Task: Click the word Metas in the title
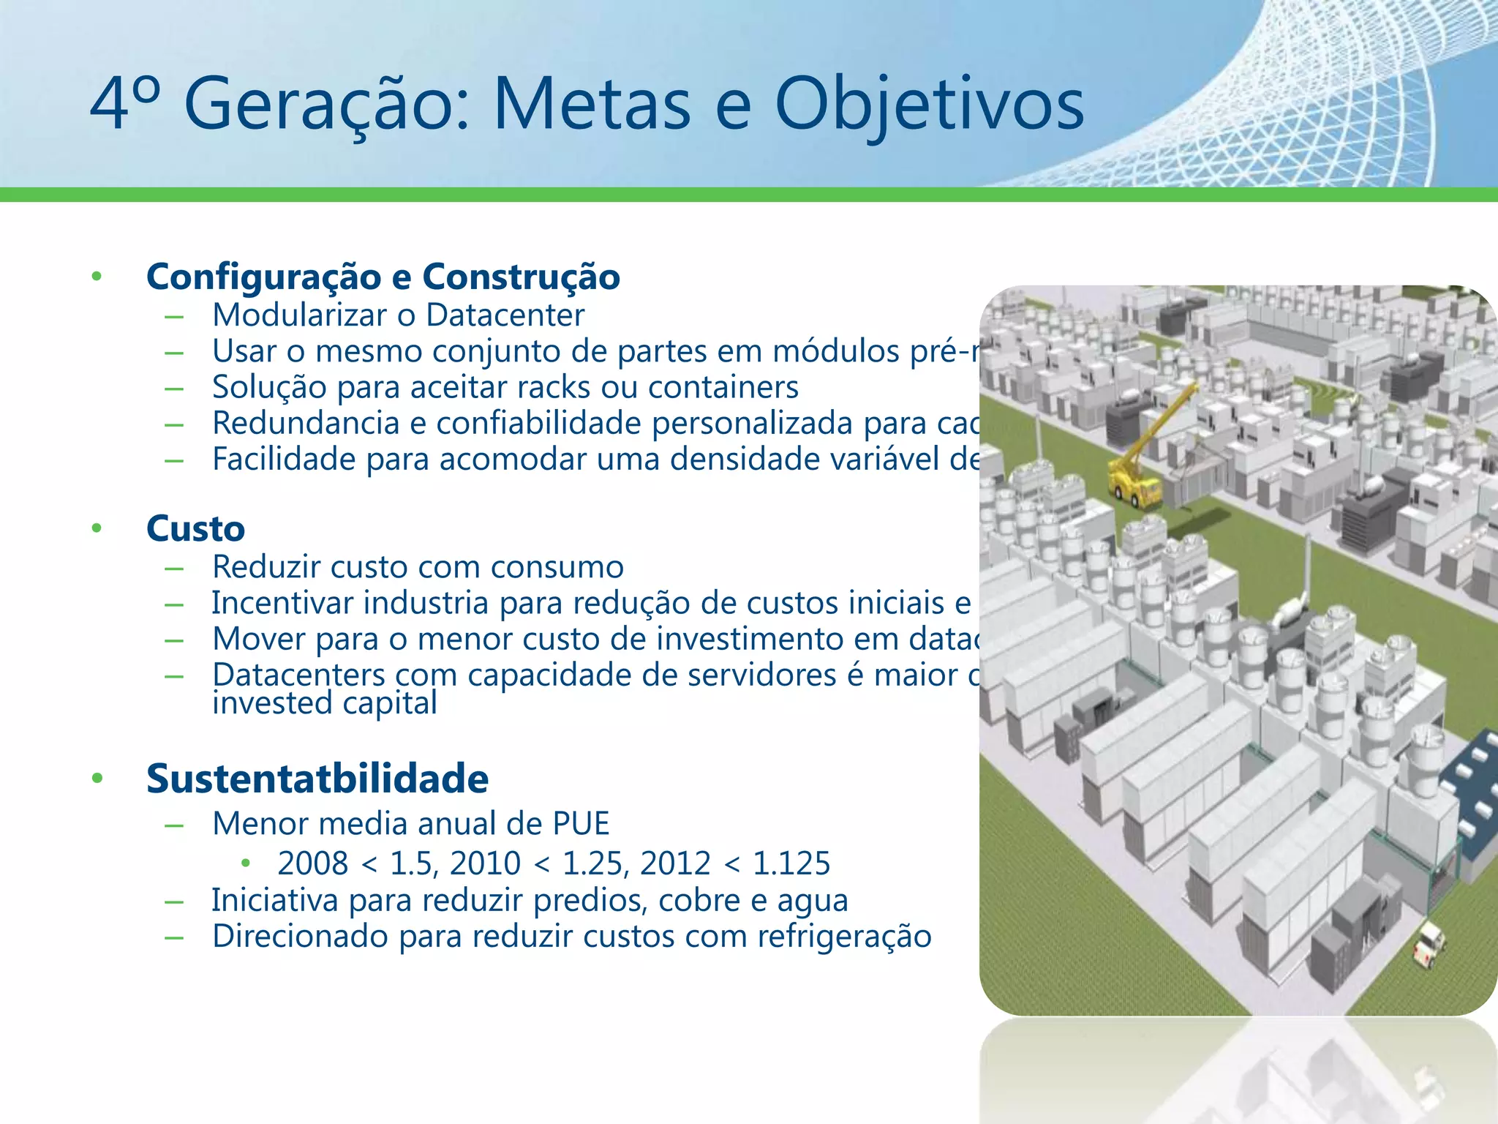click(x=592, y=104)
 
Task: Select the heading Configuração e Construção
click(x=383, y=277)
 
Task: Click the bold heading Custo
click(x=195, y=528)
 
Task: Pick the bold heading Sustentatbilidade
click(x=317, y=778)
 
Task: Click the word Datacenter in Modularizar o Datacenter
click(x=505, y=315)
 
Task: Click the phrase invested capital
click(x=325, y=703)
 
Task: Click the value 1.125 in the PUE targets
click(x=791, y=863)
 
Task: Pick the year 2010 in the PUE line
click(x=485, y=863)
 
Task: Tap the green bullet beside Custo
click(x=97, y=528)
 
